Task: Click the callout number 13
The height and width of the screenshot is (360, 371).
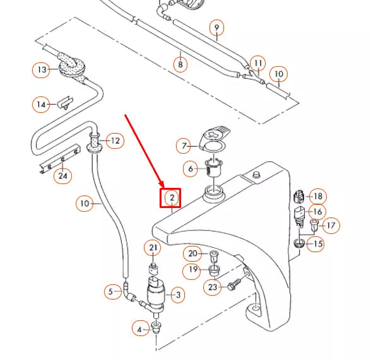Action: [x=42, y=69]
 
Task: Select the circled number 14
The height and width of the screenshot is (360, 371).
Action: [x=42, y=105]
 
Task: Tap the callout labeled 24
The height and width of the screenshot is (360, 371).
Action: [x=62, y=176]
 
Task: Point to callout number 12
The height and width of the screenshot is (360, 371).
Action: [x=114, y=140]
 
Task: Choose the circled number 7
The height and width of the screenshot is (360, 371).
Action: [x=185, y=146]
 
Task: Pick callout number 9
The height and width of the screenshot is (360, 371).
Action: [x=216, y=28]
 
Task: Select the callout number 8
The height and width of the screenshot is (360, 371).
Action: [x=180, y=64]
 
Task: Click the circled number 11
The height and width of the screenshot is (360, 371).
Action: [x=257, y=64]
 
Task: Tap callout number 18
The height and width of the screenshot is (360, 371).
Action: [x=317, y=197]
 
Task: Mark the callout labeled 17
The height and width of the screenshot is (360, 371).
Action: [x=331, y=224]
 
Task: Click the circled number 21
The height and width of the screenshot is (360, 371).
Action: [x=153, y=248]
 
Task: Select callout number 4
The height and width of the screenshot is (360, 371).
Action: [x=140, y=328]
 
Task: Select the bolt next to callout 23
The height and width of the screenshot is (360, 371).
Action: [x=234, y=284]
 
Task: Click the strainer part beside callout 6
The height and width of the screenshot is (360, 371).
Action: [x=215, y=169]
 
